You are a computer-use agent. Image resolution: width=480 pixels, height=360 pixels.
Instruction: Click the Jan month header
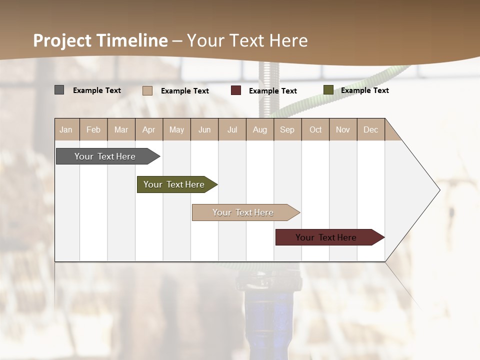click(66, 129)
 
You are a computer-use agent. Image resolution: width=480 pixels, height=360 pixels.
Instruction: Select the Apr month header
click(149, 129)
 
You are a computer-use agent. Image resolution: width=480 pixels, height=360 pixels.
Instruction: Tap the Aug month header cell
click(260, 129)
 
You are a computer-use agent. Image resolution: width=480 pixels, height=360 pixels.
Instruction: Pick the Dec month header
click(370, 129)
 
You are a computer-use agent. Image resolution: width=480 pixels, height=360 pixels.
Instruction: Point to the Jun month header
click(204, 129)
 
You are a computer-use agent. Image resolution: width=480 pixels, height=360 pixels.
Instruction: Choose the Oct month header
click(315, 129)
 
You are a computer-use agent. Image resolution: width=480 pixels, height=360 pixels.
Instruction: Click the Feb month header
click(93, 129)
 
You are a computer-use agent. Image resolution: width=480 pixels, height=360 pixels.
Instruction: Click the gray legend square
click(59, 90)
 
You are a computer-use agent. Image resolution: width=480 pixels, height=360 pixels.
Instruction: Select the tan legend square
click(147, 90)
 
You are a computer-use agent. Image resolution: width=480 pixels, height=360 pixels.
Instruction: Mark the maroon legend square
click(236, 90)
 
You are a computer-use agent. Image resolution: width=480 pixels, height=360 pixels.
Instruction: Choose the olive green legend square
click(328, 90)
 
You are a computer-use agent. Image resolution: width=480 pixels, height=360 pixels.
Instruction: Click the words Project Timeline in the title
click(100, 40)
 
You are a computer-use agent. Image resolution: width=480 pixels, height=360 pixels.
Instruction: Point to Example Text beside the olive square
click(365, 90)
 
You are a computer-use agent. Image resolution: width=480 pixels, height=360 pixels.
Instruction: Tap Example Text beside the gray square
click(97, 90)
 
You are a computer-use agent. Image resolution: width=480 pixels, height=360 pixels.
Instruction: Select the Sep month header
click(287, 129)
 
